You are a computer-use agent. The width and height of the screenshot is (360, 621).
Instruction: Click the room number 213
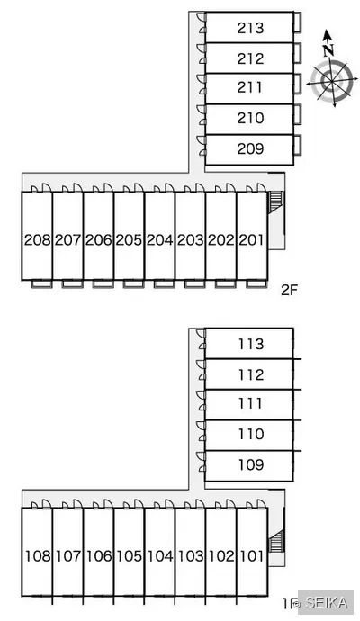tap(250, 28)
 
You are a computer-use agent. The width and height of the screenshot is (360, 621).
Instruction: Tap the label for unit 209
tap(250, 148)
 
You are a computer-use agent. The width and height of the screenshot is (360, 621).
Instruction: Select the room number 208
tap(37, 239)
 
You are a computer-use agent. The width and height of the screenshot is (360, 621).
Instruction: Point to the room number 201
tap(251, 239)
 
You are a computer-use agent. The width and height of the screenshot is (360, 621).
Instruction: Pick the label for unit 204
tap(159, 239)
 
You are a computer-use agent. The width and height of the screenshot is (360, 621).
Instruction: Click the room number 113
tap(251, 344)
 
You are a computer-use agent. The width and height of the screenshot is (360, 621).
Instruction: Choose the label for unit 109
tap(251, 464)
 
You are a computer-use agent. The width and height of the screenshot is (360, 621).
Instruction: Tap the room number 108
tap(38, 556)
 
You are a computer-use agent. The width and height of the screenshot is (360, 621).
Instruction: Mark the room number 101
tap(252, 556)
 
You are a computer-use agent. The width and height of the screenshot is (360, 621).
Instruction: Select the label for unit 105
tap(129, 556)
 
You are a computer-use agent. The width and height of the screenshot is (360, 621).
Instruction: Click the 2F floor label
tap(289, 291)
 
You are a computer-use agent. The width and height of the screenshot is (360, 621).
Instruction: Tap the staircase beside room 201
tap(275, 201)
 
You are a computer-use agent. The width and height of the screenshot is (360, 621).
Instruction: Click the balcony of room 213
tap(297, 22)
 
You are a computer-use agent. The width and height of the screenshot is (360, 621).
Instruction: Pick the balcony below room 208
tap(41, 283)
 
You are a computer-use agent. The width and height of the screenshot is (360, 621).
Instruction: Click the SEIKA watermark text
tap(327, 602)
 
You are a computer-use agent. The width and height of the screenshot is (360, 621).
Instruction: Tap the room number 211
tap(250, 87)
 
